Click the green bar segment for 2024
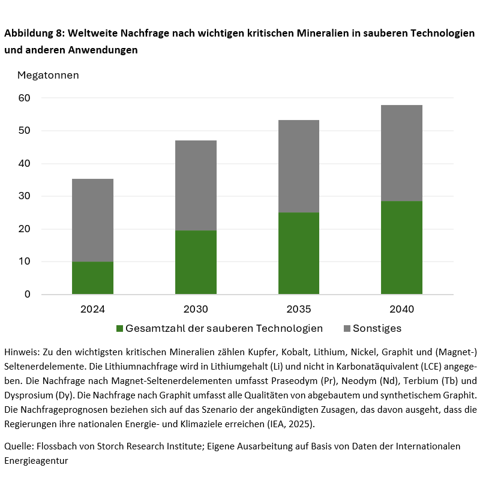(92, 278)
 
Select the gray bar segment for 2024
(92, 220)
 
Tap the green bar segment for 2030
(196, 262)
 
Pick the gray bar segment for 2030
(196, 185)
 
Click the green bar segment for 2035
(298, 253)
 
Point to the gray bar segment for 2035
(298, 166)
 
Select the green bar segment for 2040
(401, 247)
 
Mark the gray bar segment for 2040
(401, 153)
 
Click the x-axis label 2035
(298, 310)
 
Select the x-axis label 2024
(92, 310)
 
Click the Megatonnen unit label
(48, 76)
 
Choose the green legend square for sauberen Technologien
(119, 329)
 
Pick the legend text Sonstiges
(377, 328)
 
